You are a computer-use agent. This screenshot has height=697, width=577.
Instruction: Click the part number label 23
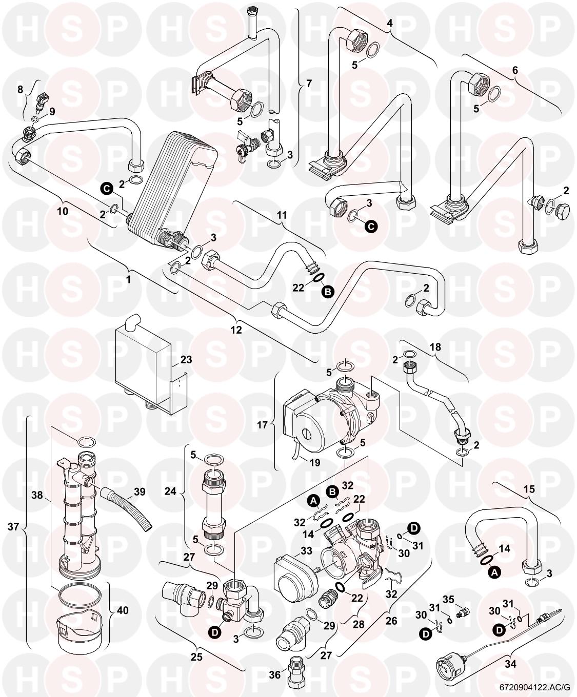186,360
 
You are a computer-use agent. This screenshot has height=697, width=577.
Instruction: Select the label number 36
275,675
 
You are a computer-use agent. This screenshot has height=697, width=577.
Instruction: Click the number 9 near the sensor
52,111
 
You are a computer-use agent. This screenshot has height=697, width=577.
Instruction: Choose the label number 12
236,330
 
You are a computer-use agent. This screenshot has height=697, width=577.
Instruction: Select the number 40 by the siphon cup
123,610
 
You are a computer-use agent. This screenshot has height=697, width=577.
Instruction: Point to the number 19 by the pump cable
314,462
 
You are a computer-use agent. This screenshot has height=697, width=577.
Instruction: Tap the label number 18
435,347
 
